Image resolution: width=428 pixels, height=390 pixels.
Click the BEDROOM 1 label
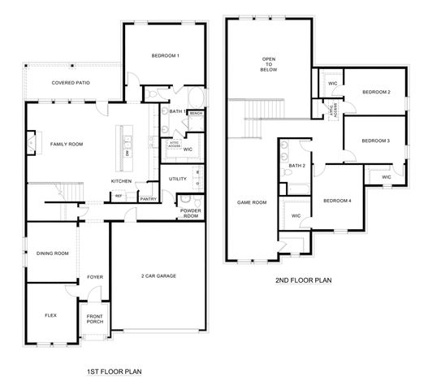point(165,55)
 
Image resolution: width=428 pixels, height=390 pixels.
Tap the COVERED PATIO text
point(71,83)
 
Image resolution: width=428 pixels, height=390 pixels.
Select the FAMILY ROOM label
point(67,144)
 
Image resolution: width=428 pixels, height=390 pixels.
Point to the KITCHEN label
point(122,180)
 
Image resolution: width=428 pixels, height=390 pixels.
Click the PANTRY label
point(148,198)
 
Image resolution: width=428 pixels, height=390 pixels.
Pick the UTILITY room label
point(178,179)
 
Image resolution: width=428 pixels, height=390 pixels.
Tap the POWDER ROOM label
point(190,214)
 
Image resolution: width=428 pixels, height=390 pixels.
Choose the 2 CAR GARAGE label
point(158,275)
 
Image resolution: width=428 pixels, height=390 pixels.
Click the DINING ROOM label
point(53,253)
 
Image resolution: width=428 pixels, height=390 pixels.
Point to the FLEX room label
point(50,314)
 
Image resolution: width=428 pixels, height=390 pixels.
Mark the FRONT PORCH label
point(95,320)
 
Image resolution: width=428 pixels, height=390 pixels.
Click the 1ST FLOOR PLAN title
point(114,372)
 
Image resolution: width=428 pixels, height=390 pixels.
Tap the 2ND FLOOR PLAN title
point(304,280)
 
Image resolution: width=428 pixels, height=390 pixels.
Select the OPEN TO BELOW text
point(269,64)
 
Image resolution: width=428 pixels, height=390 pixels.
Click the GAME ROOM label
point(252,202)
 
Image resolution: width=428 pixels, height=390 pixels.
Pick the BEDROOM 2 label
point(376,92)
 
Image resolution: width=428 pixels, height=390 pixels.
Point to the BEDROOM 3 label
point(376,141)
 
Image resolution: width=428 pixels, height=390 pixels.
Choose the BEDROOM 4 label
point(337,201)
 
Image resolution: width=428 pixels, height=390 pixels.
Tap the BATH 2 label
point(296,165)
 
